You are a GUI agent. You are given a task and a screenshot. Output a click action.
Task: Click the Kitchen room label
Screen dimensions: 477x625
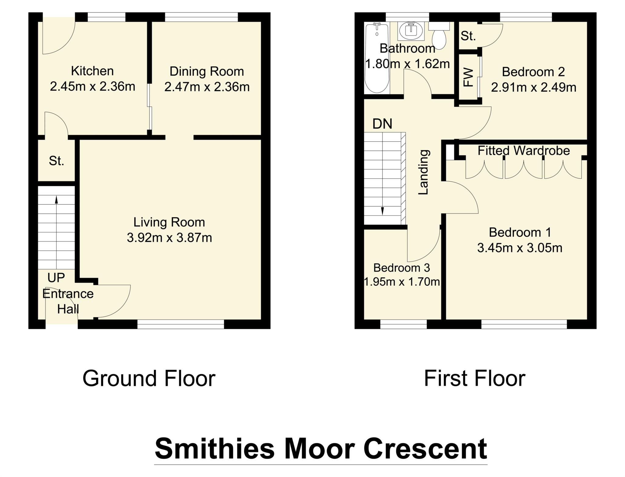(x=92, y=71)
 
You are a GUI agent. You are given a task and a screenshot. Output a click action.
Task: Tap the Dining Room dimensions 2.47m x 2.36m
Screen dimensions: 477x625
(x=207, y=87)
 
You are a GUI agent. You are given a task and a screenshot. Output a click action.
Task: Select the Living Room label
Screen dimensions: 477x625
(x=169, y=222)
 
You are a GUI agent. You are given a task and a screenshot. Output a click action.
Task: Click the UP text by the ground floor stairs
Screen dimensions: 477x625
(x=56, y=278)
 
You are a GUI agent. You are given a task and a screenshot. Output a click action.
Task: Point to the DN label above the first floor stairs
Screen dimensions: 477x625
(x=382, y=124)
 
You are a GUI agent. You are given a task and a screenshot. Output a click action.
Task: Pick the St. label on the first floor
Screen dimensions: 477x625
(x=468, y=36)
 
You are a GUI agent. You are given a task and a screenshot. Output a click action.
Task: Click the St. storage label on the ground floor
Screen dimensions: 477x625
(x=56, y=161)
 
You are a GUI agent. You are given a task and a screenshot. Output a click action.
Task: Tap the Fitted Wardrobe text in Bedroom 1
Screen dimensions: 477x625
(x=523, y=151)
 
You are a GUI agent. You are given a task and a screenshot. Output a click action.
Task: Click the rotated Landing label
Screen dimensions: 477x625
(x=424, y=172)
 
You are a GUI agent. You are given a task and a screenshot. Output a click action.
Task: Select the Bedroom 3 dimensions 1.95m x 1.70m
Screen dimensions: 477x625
(x=402, y=282)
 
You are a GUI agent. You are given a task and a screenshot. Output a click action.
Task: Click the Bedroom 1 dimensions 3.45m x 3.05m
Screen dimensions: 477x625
(x=519, y=248)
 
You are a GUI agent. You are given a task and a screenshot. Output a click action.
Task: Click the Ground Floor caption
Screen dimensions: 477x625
(x=149, y=379)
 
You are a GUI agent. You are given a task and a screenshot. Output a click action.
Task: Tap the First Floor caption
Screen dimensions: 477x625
(x=475, y=379)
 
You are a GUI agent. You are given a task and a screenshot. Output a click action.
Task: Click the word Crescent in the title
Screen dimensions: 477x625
(x=425, y=449)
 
